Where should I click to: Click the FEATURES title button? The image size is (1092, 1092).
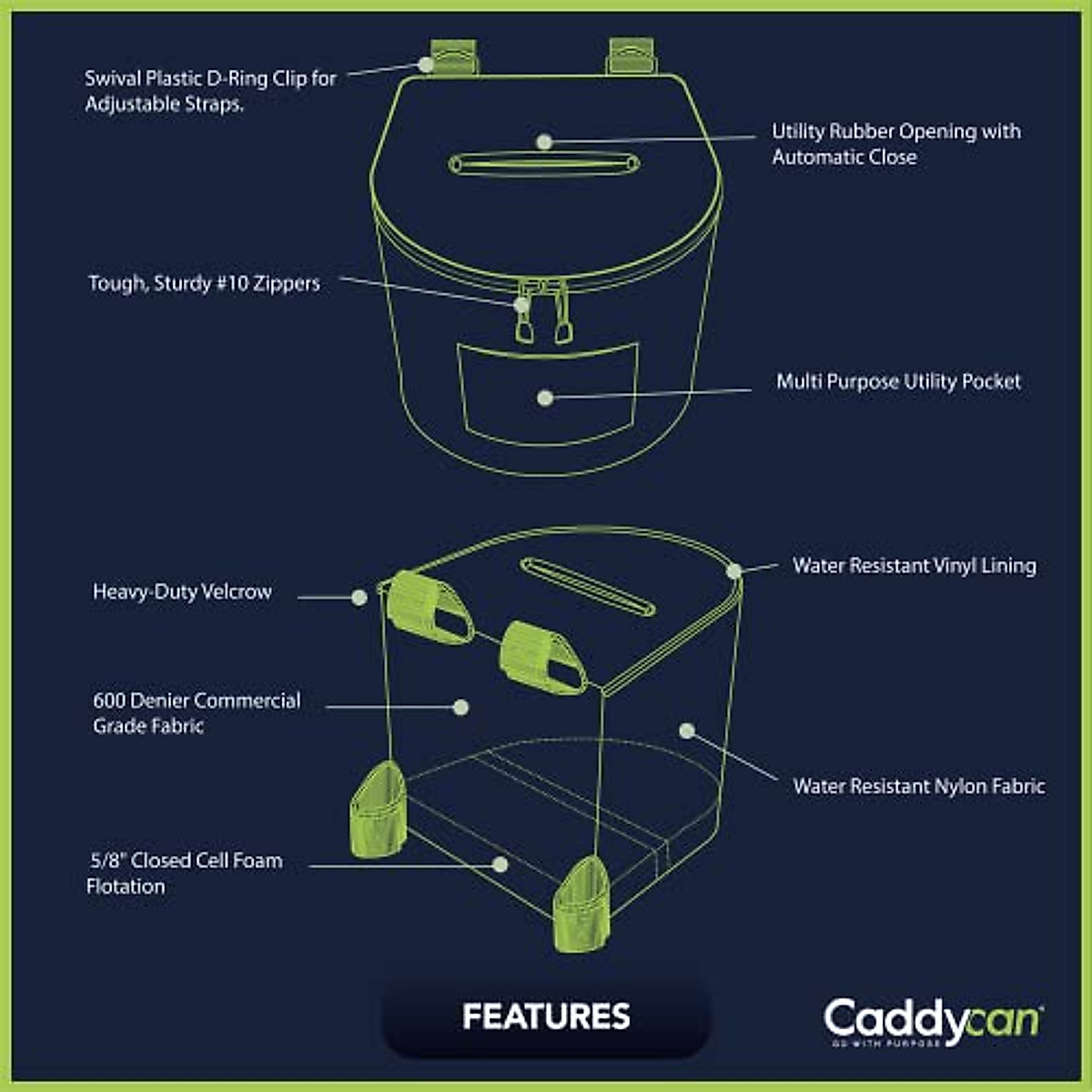click(x=546, y=1016)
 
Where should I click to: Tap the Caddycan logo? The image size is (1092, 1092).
click(x=933, y=1022)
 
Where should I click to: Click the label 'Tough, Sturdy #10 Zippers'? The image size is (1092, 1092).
click(x=204, y=283)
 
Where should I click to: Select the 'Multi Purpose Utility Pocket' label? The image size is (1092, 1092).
click(x=898, y=381)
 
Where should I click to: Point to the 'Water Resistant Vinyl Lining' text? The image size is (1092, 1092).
click(x=914, y=565)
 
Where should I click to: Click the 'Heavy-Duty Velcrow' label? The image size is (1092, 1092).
click(x=182, y=591)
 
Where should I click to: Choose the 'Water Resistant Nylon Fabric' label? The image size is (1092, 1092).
click(x=918, y=786)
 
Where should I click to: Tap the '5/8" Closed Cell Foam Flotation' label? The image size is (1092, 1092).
click(x=185, y=873)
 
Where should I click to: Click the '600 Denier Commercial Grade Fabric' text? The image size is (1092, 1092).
click(x=197, y=713)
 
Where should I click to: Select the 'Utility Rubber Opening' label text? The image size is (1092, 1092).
click(x=895, y=144)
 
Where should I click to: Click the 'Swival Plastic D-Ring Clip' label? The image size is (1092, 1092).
click(x=210, y=91)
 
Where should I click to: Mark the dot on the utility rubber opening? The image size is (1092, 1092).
click(x=544, y=142)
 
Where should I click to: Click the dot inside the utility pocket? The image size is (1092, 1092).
click(x=545, y=398)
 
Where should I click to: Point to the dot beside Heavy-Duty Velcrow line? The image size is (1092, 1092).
click(x=359, y=598)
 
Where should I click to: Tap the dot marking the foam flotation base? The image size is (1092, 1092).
click(x=500, y=864)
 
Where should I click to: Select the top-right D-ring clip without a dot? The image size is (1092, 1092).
click(x=631, y=56)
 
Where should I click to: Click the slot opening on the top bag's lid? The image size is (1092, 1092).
click(x=544, y=165)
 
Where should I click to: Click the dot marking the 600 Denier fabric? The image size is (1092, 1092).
click(x=460, y=707)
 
